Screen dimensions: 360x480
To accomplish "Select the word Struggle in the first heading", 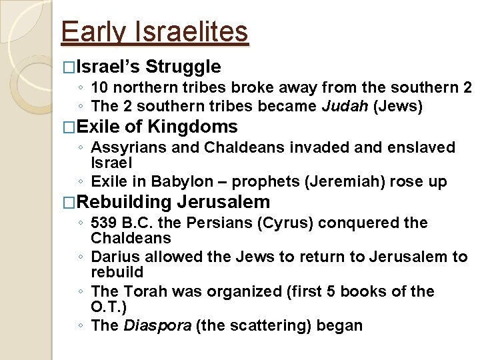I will (183, 67).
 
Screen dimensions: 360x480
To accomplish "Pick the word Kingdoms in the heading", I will (193, 127).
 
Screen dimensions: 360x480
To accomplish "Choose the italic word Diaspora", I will (154, 325).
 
